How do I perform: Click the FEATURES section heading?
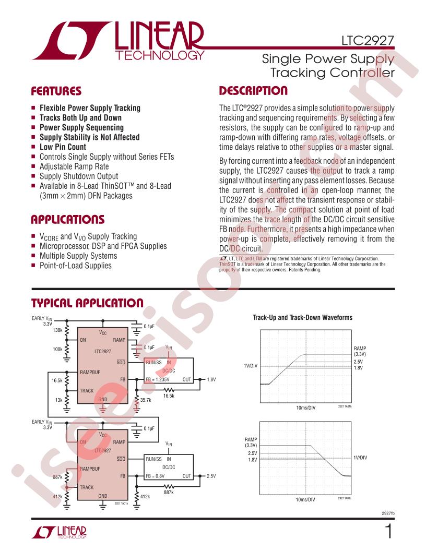tap(56, 91)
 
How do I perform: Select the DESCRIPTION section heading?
tap(253, 91)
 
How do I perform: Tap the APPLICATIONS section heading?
tap(68, 219)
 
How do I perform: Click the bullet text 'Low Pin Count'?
tap(63, 147)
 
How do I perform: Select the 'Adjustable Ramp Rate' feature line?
tap(75, 166)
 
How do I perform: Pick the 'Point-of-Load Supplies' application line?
tap(75, 266)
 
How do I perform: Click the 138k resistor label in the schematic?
tap(58, 330)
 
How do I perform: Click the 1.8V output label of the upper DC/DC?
tap(211, 379)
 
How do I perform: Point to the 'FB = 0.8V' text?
tap(156, 476)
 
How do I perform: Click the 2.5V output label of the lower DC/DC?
tap(211, 476)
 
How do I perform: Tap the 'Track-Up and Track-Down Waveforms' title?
tap(302, 317)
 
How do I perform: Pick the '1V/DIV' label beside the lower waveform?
tap(360, 458)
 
